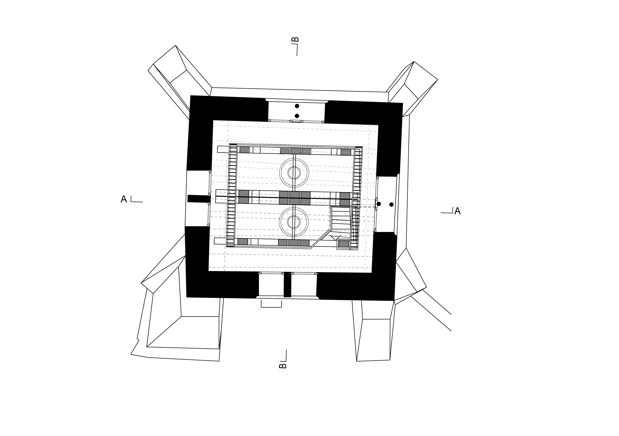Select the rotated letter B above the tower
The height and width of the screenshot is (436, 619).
pos(295,40)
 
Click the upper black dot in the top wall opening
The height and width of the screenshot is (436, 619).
pos(297,106)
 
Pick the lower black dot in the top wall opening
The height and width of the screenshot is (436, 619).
pos(297,116)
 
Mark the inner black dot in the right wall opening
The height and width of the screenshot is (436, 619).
pos(379,204)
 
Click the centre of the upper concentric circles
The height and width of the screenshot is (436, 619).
pos(294,173)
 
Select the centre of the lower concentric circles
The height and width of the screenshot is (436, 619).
pos(294,222)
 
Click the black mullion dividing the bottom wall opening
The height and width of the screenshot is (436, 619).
pos(287,285)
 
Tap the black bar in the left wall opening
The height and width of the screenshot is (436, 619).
pos(199,199)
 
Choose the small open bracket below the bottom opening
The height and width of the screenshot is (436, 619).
pos(271,304)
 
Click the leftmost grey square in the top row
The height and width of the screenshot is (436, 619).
pos(245,150)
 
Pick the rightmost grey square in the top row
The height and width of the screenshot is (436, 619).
pos(346,152)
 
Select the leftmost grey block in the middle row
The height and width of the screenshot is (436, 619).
pos(244,197)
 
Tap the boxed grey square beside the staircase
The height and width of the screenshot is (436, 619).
pos(344,244)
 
